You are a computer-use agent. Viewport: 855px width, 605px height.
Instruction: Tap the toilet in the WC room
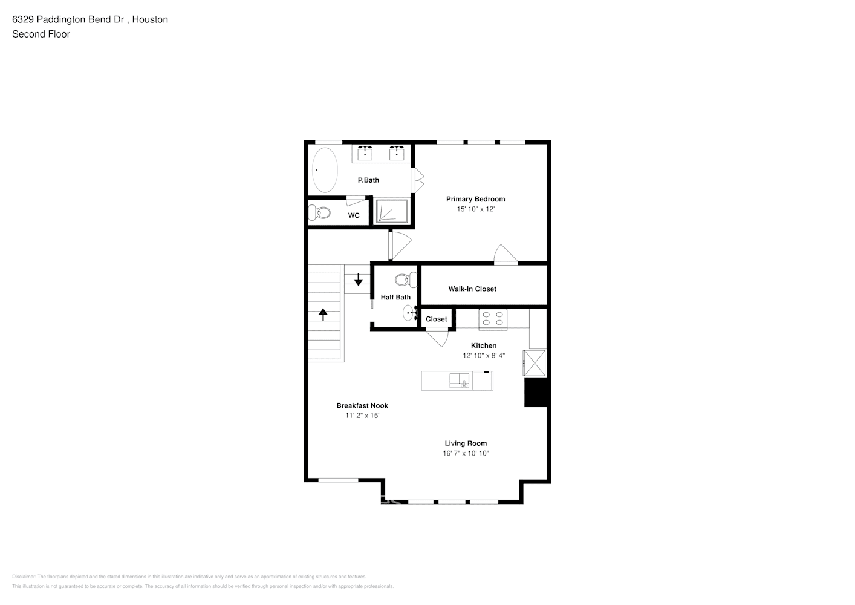click(320, 213)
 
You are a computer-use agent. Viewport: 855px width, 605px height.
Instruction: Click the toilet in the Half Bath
click(406, 280)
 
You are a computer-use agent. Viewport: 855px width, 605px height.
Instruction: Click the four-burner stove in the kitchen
click(493, 319)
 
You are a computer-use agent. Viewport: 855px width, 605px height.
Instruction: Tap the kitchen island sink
click(459, 381)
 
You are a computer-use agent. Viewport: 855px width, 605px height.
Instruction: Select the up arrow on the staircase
click(323, 314)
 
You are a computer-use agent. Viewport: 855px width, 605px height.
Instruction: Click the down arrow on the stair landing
click(358, 280)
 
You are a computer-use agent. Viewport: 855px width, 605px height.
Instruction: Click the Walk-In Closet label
click(472, 289)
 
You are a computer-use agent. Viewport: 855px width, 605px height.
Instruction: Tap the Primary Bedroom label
click(475, 199)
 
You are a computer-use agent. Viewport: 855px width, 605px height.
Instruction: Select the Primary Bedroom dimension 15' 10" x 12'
click(475, 209)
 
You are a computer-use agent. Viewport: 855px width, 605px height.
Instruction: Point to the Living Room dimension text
click(466, 453)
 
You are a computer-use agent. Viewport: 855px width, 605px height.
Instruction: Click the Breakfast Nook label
click(362, 406)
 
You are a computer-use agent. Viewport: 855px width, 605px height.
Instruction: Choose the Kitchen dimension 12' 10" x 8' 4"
click(484, 356)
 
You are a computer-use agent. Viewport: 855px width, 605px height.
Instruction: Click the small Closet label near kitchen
click(436, 319)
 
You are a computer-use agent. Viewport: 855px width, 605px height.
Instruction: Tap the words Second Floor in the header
click(41, 34)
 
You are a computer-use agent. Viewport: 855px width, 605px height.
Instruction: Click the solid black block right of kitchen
click(536, 393)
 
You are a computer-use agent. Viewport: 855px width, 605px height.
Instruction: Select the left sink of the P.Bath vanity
click(365, 154)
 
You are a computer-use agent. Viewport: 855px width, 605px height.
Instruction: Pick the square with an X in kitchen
click(535, 362)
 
